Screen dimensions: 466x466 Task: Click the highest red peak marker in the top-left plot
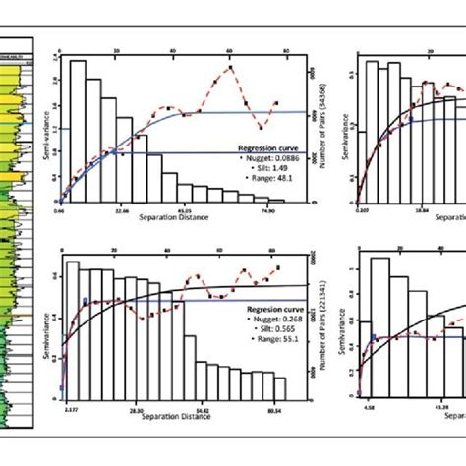[230, 68]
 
